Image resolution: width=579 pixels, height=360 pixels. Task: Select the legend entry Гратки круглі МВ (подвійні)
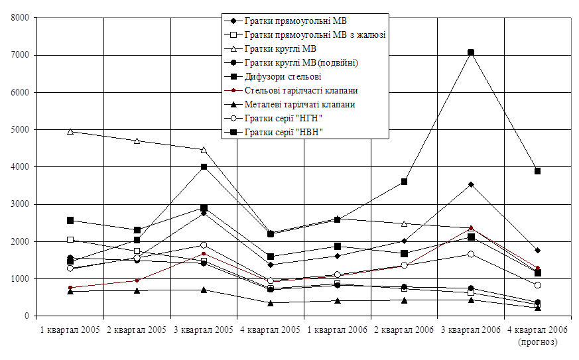[x=302, y=62]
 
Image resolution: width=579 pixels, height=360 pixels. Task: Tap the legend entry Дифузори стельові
[x=283, y=76]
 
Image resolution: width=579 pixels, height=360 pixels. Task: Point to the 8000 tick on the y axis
[x=17, y=18]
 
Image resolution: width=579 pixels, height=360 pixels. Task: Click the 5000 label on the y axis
[x=17, y=130]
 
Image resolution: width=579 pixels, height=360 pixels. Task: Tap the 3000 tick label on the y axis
[x=17, y=205]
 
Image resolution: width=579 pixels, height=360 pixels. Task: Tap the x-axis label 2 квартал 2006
[x=404, y=330]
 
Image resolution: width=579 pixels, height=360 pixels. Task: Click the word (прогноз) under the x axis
[x=537, y=342]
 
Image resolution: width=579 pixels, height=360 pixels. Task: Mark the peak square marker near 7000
[x=471, y=52]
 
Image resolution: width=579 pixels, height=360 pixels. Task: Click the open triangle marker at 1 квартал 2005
[x=70, y=131]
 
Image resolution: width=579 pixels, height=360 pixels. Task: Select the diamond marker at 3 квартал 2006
[x=471, y=184]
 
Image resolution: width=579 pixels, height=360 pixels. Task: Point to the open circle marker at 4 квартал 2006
[x=537, y=285]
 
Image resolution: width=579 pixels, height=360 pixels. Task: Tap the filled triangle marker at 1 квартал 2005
[x=70, y=291]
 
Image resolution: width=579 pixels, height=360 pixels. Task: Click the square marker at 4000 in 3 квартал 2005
[x=204, y=166]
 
